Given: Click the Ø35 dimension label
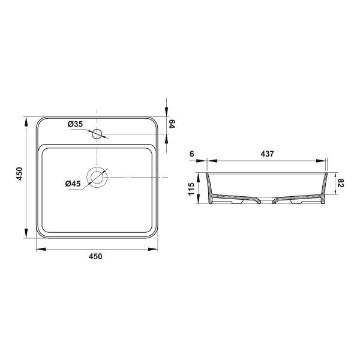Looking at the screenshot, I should pyautogui.click(x=75, y=124).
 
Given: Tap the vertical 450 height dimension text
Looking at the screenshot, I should pyautogui.click(x=19, y=175).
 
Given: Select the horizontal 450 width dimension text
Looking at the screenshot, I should pyautogui.click(x=96, y=256).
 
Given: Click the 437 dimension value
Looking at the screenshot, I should pyautogui.click(x=268, y=154).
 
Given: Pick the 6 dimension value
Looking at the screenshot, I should pyautogui.click(x=191, y=154).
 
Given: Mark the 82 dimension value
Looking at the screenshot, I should pyautogui.click(x=340, y=183).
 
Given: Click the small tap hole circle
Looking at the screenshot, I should pyautogui.click(x=97, y=134).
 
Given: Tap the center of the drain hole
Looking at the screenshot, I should pyautogui.click(x=97, y=178).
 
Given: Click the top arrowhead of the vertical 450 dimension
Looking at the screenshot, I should pyautogui.click(x=26, y=119).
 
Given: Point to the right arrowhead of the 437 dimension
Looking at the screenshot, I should pyautogui.click(x=323, y=161).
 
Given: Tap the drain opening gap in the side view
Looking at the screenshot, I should pyautogui.click(x=268, y=200).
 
